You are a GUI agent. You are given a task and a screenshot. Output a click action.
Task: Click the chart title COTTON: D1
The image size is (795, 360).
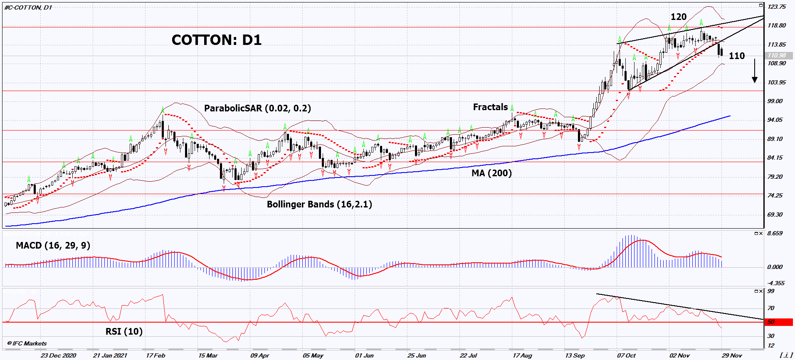tap(216, 40)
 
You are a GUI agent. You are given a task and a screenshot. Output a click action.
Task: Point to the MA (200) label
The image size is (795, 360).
tap(491, 173)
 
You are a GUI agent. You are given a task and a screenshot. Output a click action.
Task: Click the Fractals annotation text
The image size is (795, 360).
tap(490, 107)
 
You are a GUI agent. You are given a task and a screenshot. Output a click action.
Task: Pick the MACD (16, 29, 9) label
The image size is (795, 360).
tap(53, 245)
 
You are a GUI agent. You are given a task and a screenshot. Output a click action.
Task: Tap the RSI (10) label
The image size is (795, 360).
tap(124, 331)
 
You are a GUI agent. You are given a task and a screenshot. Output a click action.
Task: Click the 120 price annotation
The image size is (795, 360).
tap(679, 17)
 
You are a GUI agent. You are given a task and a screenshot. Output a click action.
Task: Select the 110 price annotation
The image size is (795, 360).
tap(737, 56)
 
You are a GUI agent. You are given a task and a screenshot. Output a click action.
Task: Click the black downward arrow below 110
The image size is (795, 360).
tap(755, 71)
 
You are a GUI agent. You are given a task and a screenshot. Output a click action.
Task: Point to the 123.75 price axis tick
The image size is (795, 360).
tap(777, 7)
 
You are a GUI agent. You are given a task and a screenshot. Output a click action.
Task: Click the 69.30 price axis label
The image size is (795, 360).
tap(775, 215)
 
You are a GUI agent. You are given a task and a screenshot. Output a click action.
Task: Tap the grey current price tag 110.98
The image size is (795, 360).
tap(777, 55)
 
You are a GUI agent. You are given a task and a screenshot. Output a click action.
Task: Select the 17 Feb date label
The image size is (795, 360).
tap(156, 355)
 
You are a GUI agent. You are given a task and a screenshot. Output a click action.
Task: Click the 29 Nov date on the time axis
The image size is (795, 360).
tap(732, 355)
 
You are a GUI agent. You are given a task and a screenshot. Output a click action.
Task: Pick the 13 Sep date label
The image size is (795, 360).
tap(575, 355)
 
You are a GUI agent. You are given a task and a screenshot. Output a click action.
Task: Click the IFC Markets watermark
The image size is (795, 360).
tap(27, 343)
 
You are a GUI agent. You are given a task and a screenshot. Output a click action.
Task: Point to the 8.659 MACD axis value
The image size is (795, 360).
tap(775, 233)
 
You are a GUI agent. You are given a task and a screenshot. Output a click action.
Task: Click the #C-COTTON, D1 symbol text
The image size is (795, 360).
tap(28, 7)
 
